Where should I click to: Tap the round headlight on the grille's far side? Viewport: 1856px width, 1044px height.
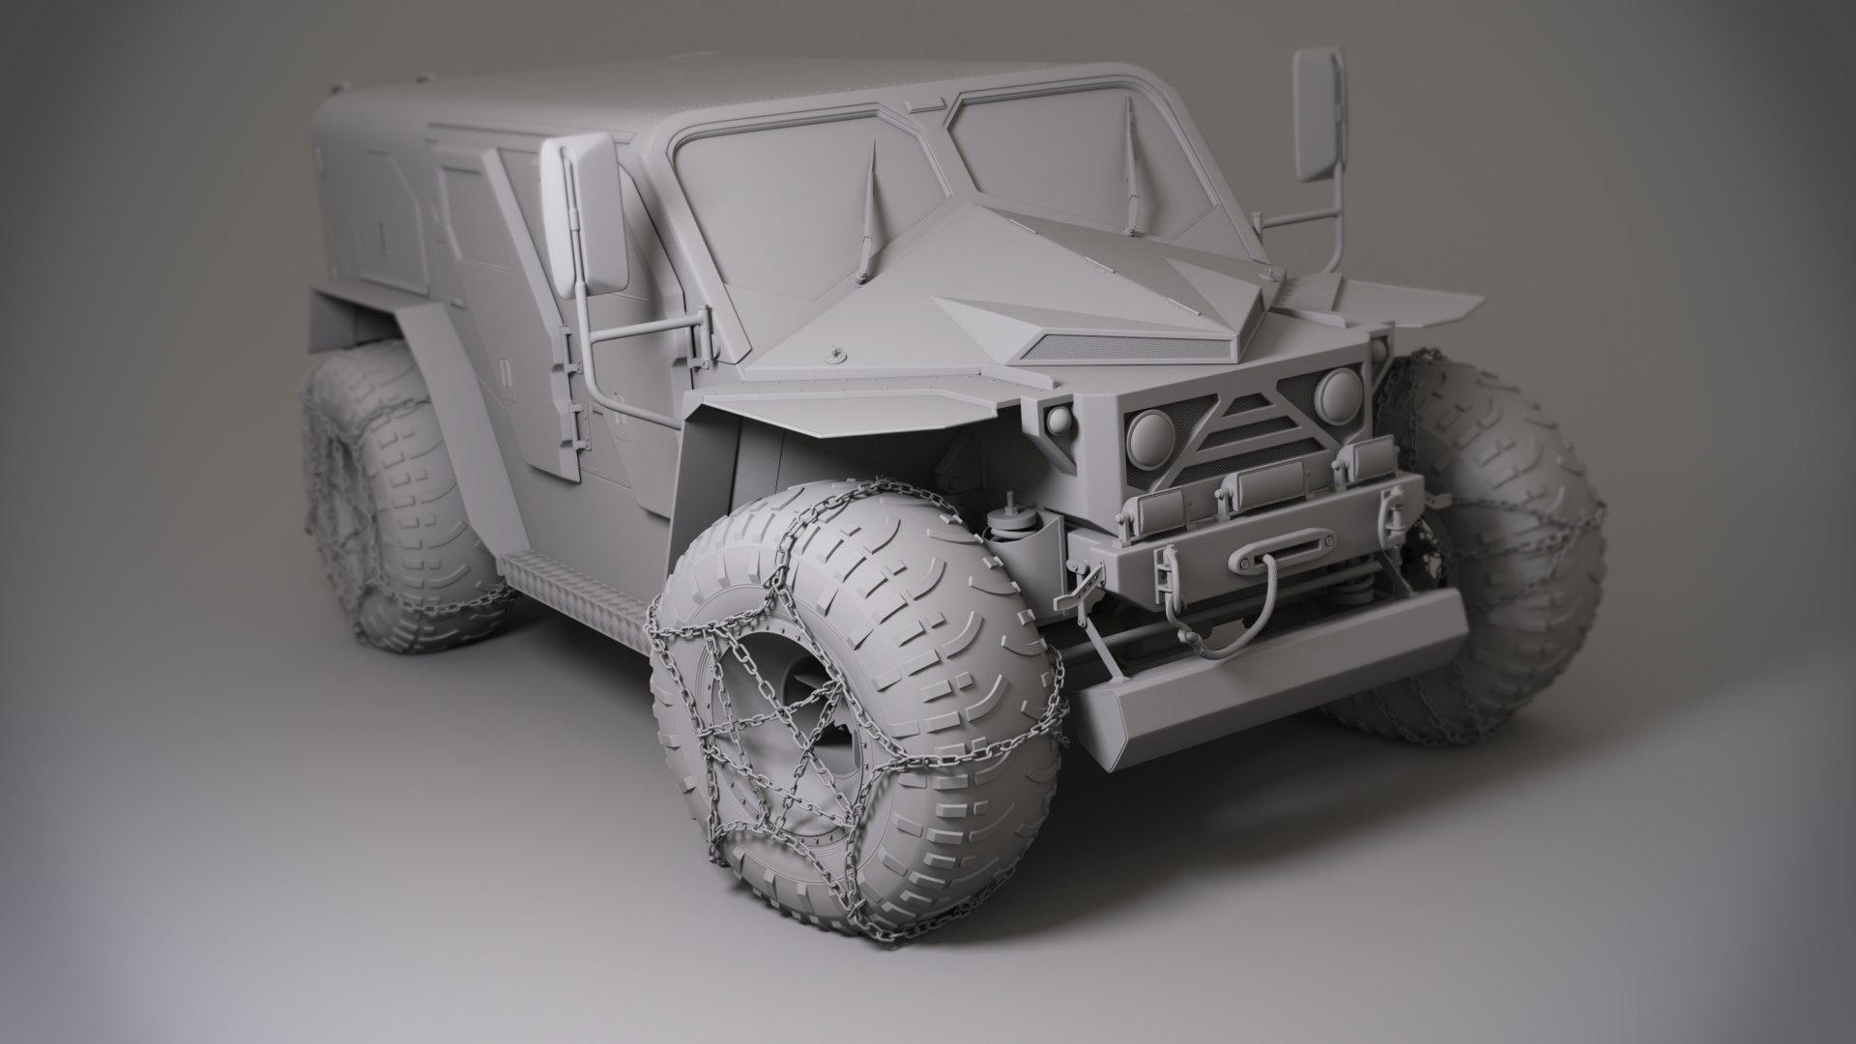click(1340, 389)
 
